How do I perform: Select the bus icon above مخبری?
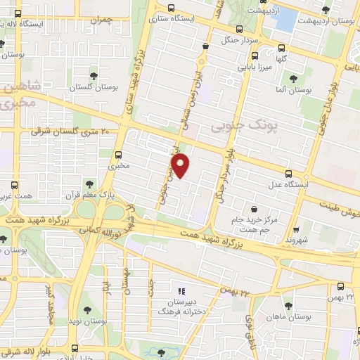coord(117,154)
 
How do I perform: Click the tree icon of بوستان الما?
coord(293,79)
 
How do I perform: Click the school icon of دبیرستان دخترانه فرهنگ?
coord(181,290)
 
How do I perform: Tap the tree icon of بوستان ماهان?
coord(288,305)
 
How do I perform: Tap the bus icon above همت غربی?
coord(11,186)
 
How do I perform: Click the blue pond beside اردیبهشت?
coord(285,19)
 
